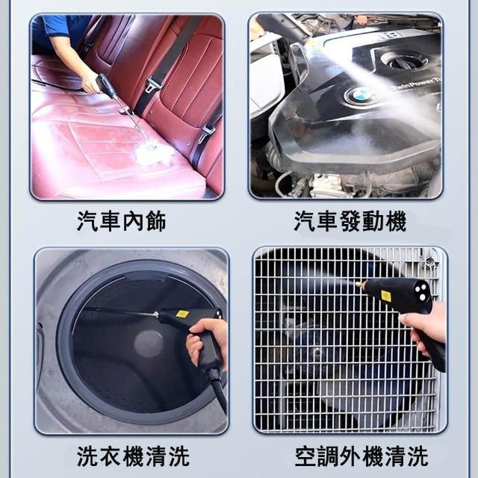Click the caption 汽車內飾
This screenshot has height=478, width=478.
click(121, 221)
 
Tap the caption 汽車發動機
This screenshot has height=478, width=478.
click(350, 221)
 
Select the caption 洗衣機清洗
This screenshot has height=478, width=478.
click(133, 456)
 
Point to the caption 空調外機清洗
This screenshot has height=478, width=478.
click(361, 456)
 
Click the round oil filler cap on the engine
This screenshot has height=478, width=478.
click(405, 61)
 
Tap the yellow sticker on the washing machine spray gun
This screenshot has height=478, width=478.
click(182, 314)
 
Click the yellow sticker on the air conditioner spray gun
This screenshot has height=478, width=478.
click(385, 296)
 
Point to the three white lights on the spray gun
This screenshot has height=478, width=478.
click(420, 292)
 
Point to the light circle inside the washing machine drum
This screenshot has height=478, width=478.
click(149, 344)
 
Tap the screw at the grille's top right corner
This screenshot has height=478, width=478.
click(429, 261)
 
